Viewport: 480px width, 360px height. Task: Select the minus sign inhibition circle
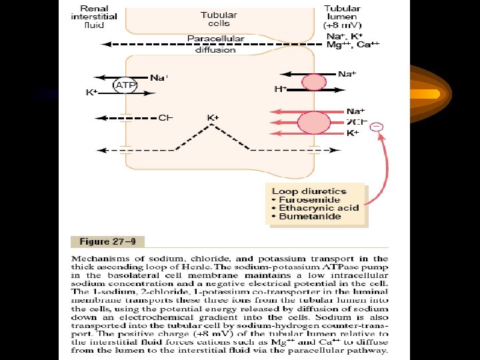point(377,127)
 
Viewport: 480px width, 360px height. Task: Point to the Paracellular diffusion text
point(215,44)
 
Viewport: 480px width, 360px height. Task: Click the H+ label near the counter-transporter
point(281,89)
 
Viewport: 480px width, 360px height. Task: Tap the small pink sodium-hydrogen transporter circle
point(312,83)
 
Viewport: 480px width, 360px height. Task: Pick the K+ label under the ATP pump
point(91,93)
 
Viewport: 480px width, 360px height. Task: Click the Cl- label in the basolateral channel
point(165,118)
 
